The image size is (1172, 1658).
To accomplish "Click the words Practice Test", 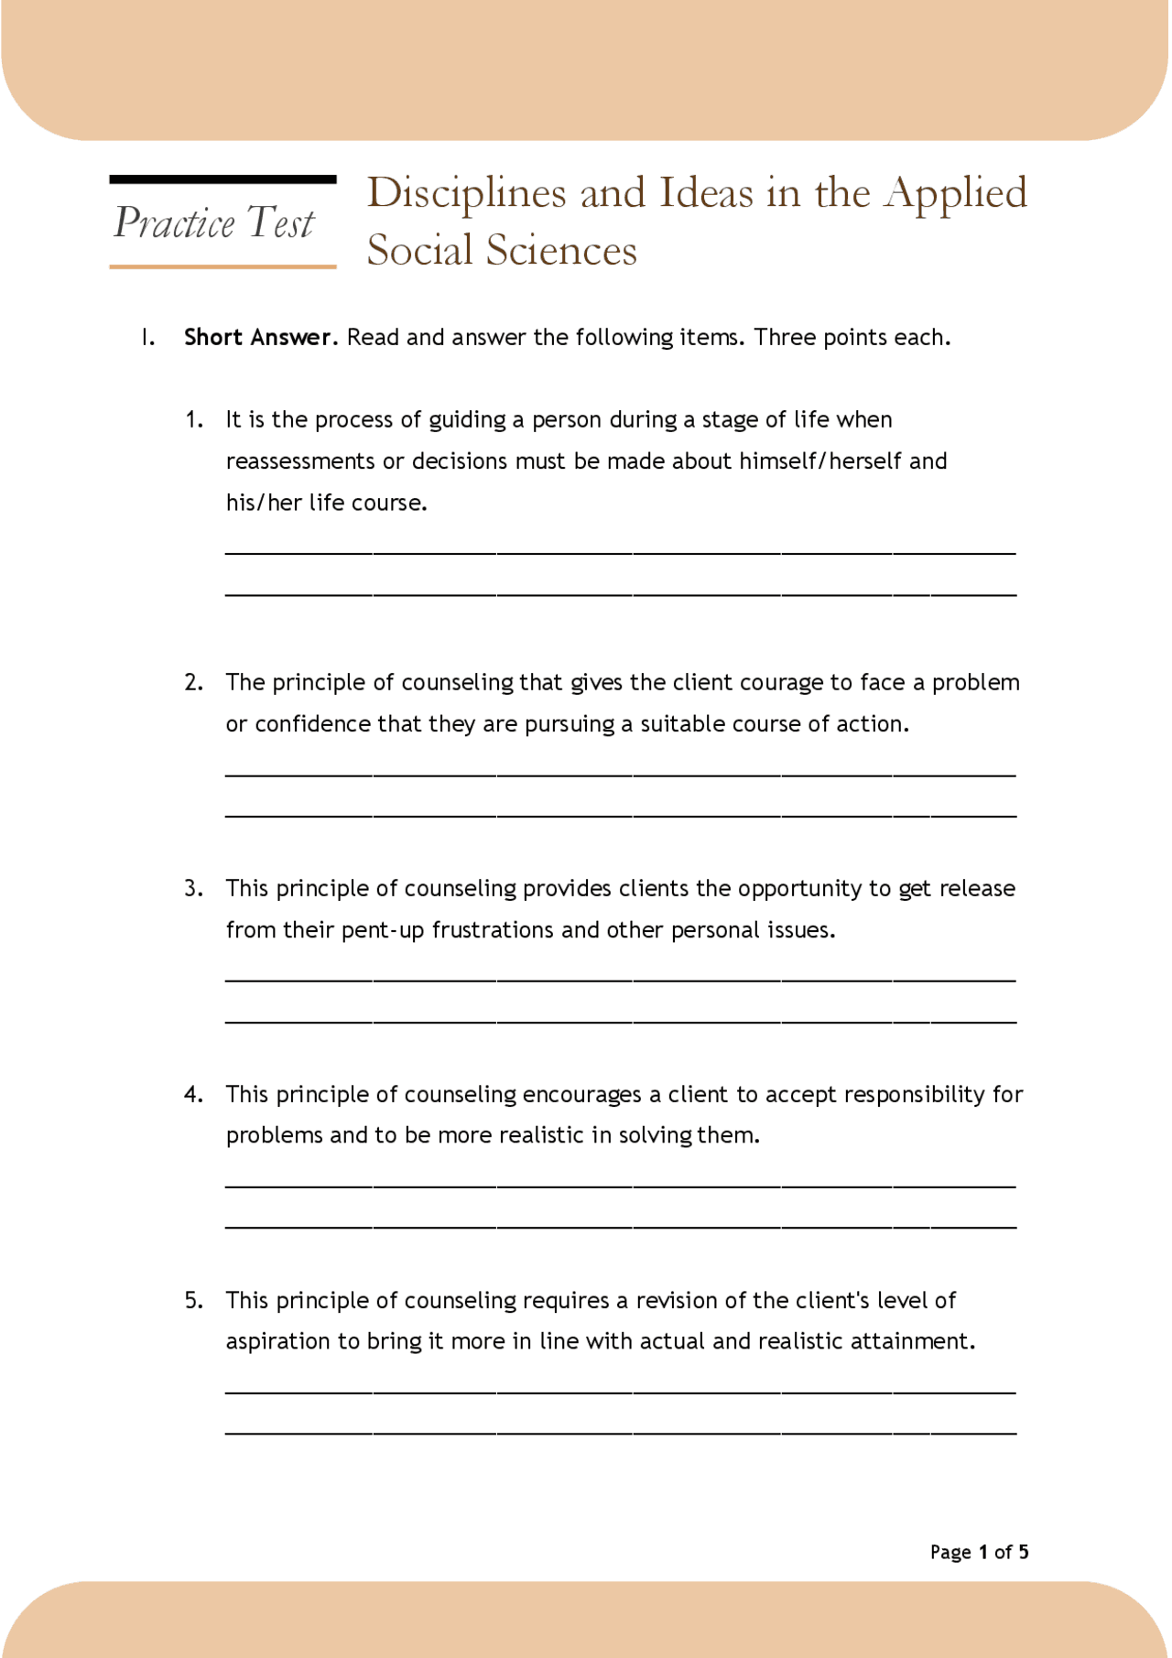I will [214, 223].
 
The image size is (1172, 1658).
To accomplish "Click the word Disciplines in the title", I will [467, 193].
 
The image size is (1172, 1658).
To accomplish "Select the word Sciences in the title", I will [561, 250].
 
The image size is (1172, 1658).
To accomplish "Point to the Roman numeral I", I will [147, 338].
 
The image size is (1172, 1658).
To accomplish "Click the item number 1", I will [193, 420].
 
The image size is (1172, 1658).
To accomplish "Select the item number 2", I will [193, 683].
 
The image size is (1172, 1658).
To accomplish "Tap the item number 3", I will [193, 889].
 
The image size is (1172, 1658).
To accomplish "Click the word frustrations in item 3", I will [494, 931].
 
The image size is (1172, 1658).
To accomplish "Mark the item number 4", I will [193, 1095].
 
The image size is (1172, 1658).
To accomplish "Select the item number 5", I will [193, 1301].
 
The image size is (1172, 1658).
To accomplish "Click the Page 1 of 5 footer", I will [979, 1553].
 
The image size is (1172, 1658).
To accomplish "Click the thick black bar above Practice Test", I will [223, 180].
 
